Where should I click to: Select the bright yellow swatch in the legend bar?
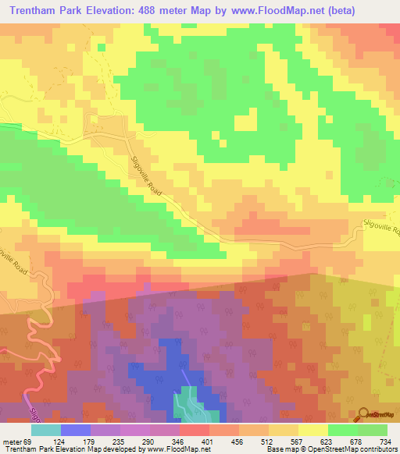(313, 430)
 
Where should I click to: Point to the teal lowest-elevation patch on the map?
(187, 403)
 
